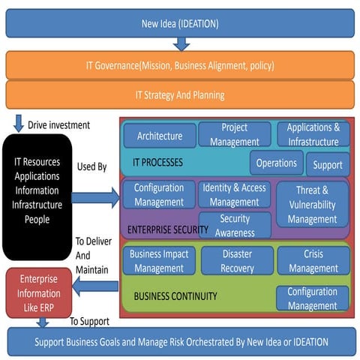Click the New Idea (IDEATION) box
(x=180, y=24)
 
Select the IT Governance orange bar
(x=180, y=65)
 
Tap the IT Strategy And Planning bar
(x=180, y=95)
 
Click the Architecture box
(x=160, y=136)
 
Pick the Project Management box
(x=234, y=135)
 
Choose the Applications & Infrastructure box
(x=313, y=134)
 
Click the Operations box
(x=277, y=163)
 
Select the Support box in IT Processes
(x=328, y=164)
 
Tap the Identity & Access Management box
(x=234, y=195)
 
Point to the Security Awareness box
(x=235, y=225)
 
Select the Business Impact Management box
(x=159, y=260)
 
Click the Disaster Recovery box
(x=236, y=260)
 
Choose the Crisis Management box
(x=313, y=260)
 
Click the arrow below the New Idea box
(x=181, y=43)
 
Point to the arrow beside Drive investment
(x=17, y=123)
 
